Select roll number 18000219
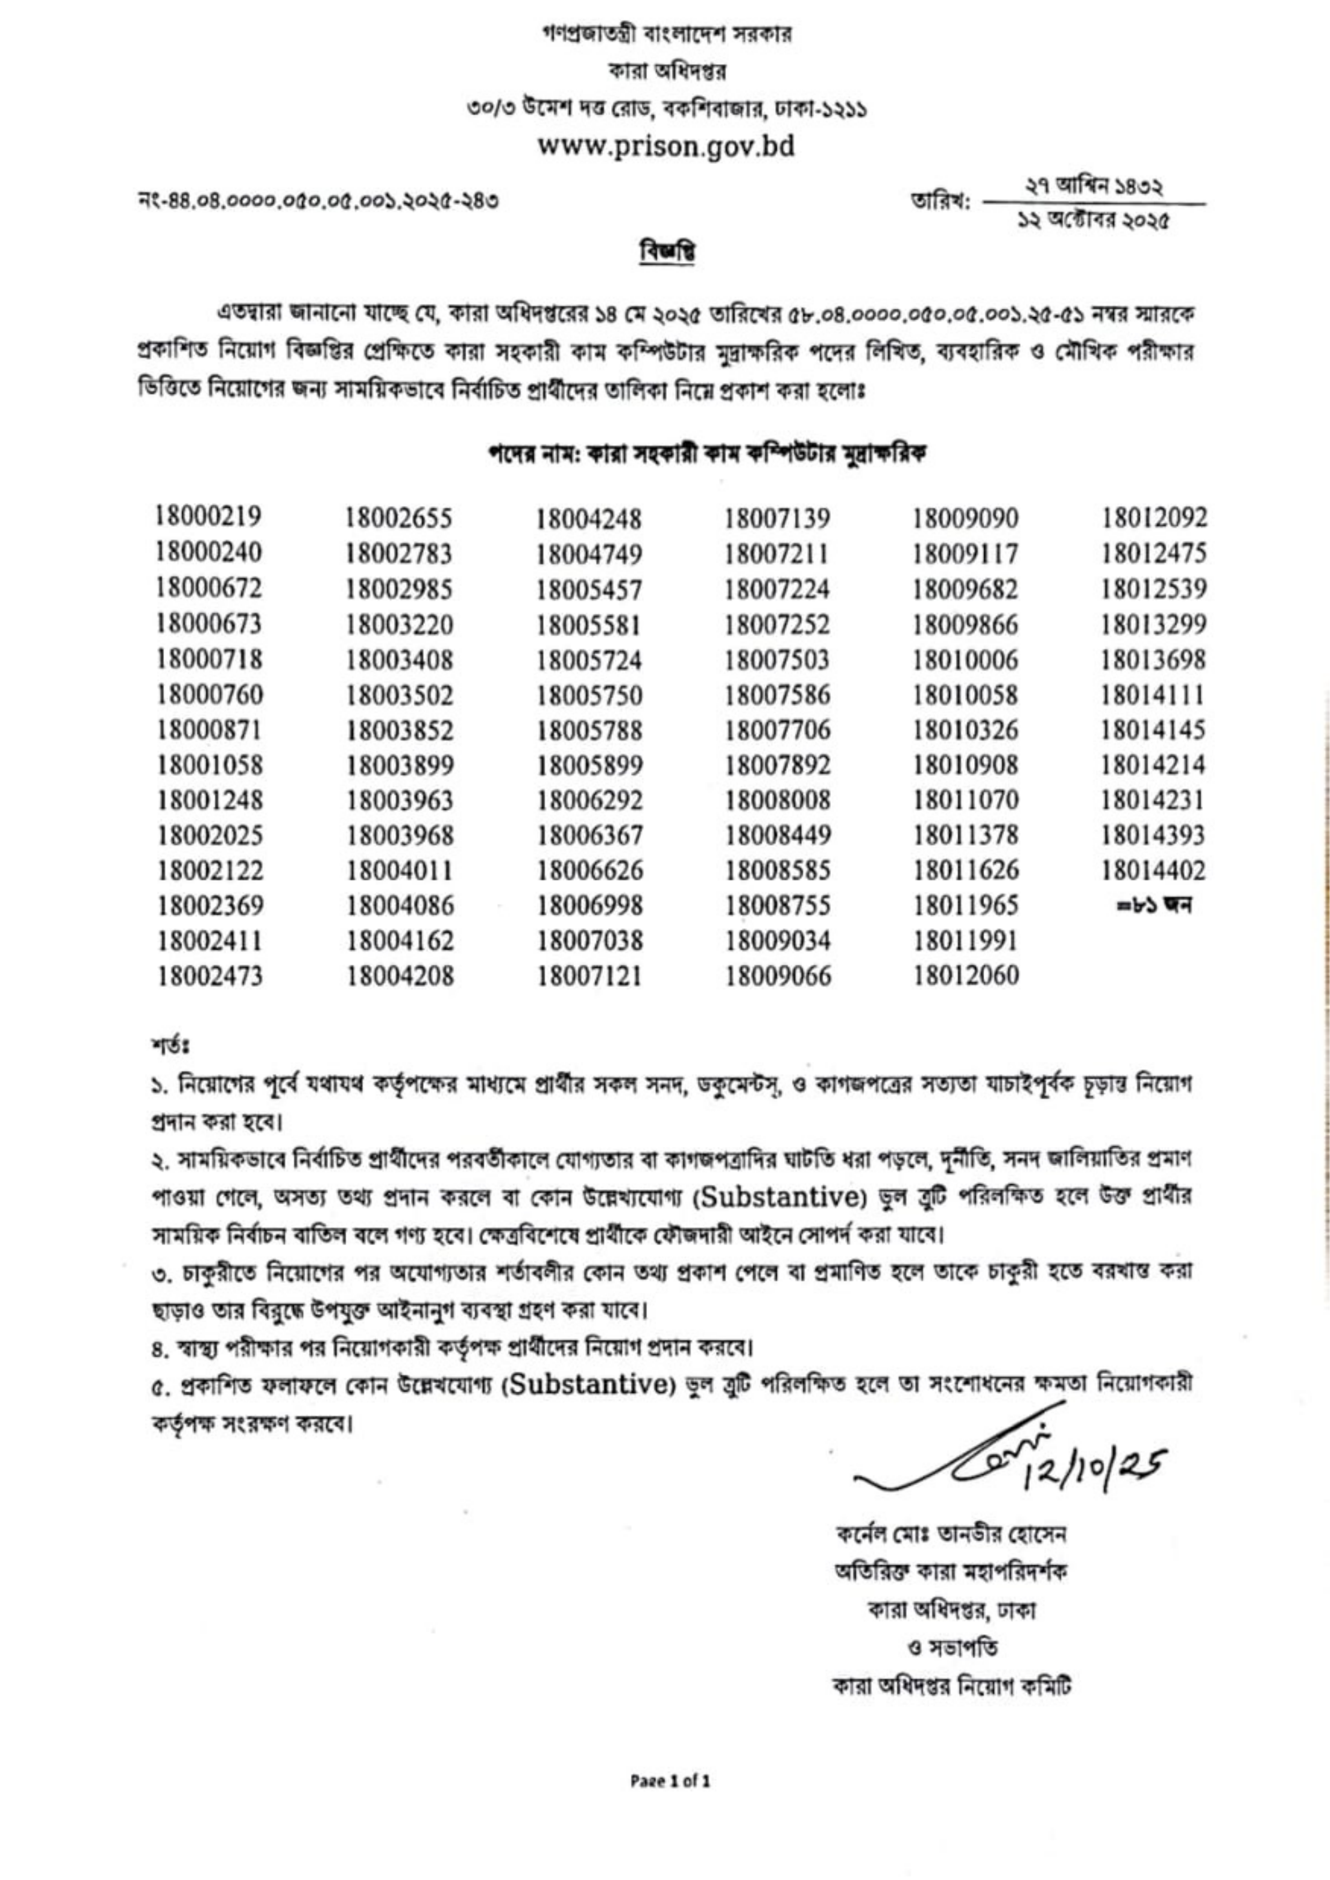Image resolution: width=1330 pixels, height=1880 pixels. click(209, 518)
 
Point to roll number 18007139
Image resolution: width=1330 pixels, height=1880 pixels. click(778, 518)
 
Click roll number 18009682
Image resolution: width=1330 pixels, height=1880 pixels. click(967, 590)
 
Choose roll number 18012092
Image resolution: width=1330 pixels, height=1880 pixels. click(1155, 518)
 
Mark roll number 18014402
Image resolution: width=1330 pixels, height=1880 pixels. click(1154, 870)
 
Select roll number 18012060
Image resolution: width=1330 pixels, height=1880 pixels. click(967, 975)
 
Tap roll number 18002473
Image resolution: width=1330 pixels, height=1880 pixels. click(210, 975)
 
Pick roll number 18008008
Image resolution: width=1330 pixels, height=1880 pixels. click(778, 800)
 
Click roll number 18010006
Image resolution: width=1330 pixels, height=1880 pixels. click(967, 660)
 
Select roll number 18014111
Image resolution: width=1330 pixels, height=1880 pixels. click(1154, 695)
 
